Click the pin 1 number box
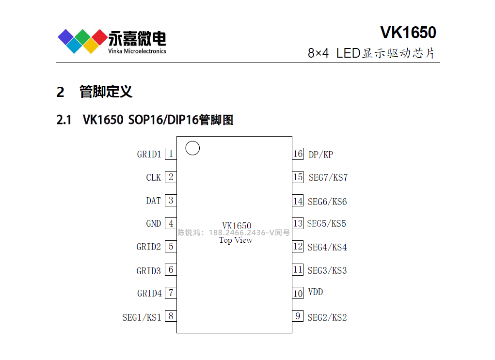pyautogui.click(x=171, y=154)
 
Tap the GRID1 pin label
pyautogui.click(x=149, y=155)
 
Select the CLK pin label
pyautogui.click(x=153, y=178)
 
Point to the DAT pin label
pyautogui.click(x=153, y=201)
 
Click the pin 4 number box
pyautogui.click(x=171, y=223)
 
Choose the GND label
pyautogui.click(x=153, y=224)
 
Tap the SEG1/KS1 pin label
pyautogui.click(x=142, y=318)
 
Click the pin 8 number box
pyautogui.click(x=171, y=316)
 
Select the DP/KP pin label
pyautogui.click(x=320, y=155)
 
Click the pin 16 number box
pyautogui.click(x=298, y=154)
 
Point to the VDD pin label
pyautogui.click(x=315, y=292)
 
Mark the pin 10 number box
pyautogui.click(x=298, y=293)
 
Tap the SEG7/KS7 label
pyautogui.click(x=328, y=177)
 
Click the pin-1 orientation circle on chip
pyautogui.click(x=192, y=148)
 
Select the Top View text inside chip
pyautogui.click(x=236, y=240)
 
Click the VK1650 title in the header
pyautogui.click(x=408, y=32)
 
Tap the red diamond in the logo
pyautogui.click(x=99, y=36)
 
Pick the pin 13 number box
pyautogui.click(x=298, y=223)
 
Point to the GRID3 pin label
pyautogui.click(x=148, y=271)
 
